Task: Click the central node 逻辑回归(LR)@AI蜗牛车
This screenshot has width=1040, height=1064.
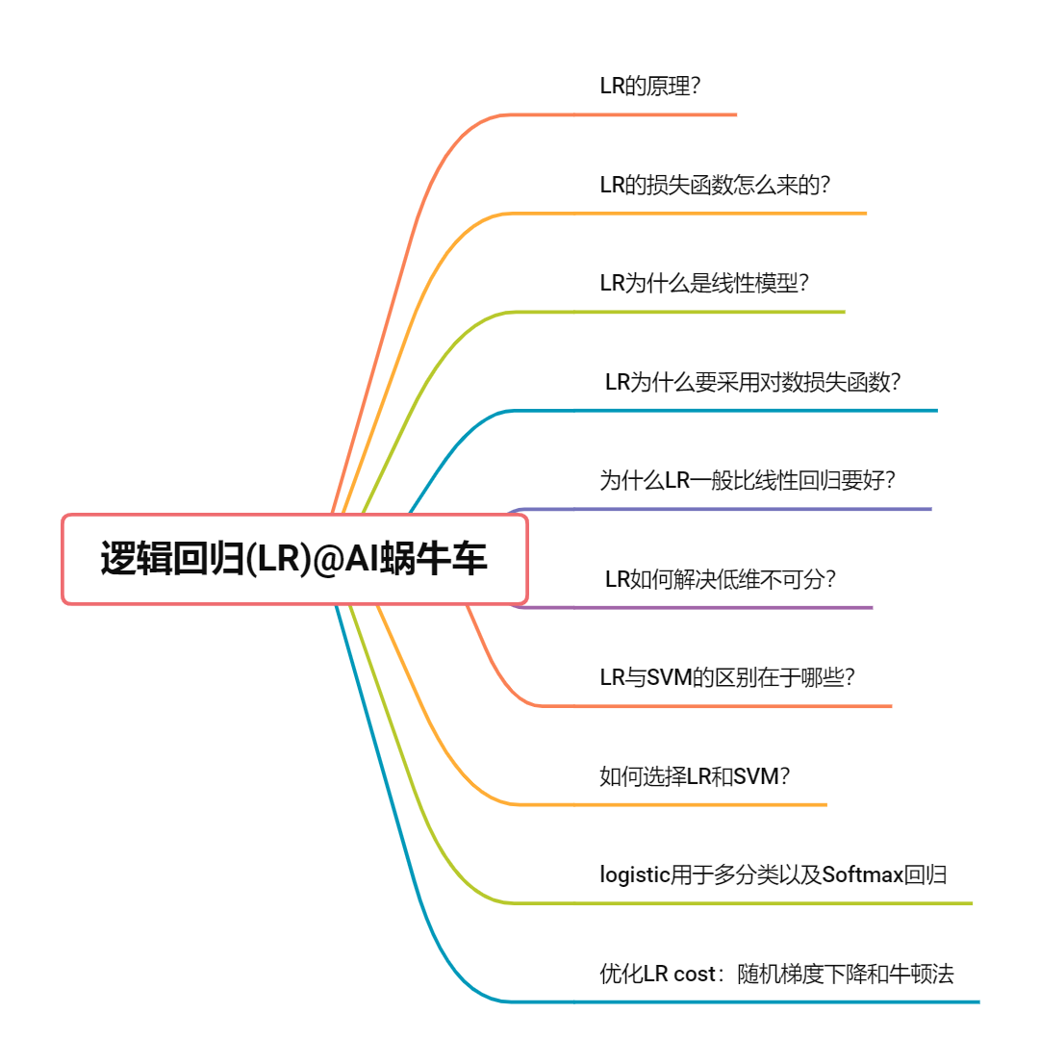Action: [x=294, y=559]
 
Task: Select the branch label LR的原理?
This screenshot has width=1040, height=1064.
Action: [x=649, y=86]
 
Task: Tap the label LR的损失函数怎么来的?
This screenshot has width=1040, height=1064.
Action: [x=715, y=185]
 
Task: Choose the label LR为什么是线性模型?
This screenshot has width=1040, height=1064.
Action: [x=703, y=283]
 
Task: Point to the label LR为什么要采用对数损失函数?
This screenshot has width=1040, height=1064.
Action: [x=752, y=382]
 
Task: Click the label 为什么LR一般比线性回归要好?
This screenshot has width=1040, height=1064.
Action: [x=748, y=480]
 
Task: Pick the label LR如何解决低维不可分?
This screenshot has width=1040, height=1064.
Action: [x=720, y=579]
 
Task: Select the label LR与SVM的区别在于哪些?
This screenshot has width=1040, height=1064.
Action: [x=727, y=677]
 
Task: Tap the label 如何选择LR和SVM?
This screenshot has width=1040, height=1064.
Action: [x=695, y=776]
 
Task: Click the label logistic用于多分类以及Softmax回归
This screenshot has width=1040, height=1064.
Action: [x=773, y=874]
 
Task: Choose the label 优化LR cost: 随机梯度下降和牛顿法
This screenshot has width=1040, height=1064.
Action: [x=776, y=974]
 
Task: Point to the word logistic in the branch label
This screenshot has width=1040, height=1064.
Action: [x=634, y=874]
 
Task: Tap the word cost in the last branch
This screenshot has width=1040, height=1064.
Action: [x=695, y=974]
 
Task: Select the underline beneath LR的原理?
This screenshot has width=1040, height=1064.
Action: [x=654, y=114]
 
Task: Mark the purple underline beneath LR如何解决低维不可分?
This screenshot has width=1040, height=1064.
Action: [x=722, y=608]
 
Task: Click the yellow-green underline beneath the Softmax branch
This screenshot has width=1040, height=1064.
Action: [x=770, y=903]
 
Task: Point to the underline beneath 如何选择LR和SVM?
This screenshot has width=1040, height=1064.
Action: [x=702, y=804]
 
